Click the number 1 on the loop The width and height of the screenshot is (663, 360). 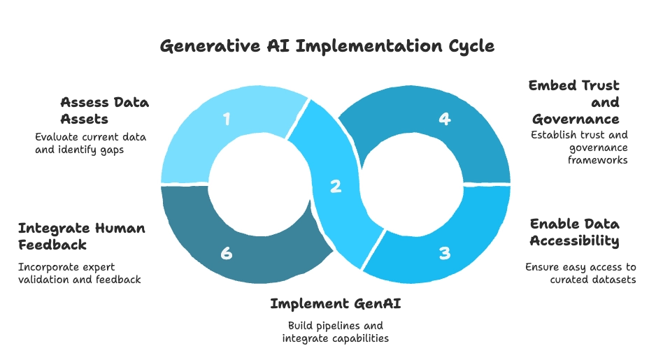227,120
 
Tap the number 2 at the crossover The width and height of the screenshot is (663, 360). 336,186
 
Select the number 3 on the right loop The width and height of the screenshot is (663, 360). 444,253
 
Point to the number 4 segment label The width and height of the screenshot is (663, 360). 444,120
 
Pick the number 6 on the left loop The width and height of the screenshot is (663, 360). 226,253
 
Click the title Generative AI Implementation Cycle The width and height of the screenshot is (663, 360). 327,47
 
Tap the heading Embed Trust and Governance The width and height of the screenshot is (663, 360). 574,102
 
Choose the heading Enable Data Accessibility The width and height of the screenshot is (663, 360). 574,233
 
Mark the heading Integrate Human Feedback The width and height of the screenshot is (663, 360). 82,236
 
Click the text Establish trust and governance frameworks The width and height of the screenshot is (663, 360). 579,147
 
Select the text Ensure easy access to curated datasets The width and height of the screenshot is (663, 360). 580,273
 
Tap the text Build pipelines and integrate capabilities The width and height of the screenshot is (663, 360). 335,332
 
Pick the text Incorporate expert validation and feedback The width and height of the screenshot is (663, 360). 80,273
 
